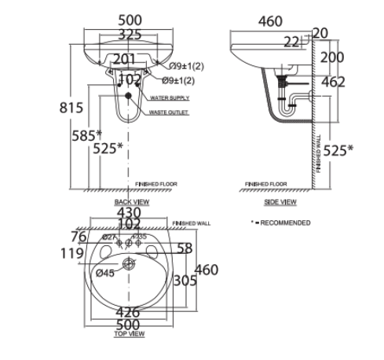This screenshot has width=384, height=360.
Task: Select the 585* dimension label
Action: pos(87,134)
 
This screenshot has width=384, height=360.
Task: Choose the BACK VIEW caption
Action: pos(130,202)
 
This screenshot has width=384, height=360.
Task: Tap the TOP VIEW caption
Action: pos(130,333)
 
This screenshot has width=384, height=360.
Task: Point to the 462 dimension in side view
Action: pos(331,82)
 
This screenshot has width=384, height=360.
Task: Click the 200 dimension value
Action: pos(331,57)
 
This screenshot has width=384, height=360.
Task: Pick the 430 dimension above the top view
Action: pos(128,212)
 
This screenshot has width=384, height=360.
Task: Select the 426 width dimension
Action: pos(128,312)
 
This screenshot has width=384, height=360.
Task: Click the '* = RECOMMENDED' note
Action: pos(280,223)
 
